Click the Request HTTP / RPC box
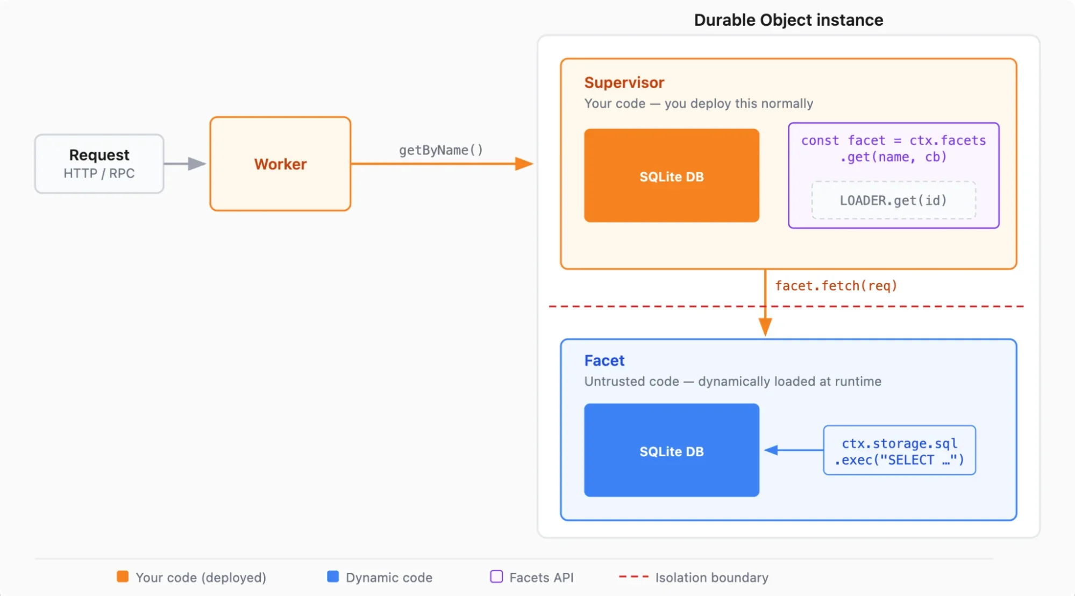click(x=99, y=164)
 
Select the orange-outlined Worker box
click(x=280, y=164)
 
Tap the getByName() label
click(x=440, y=150)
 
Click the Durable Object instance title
click(x=788, y=20)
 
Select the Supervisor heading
click(x=624, y=82)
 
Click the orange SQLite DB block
click(x=671, y=176)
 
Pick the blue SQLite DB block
click(x=671, y=451)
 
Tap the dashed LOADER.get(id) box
click(x=893, y=200)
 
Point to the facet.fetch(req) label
click(x=836, y=286)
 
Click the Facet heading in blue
click(x=604, y=360)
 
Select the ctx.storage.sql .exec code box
click(x=899, y=451)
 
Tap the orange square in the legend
click(x=123, y=577)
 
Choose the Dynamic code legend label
click(x=389, y=577)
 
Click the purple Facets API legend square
click(x=496, y=577)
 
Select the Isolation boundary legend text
click(x=711, y=577)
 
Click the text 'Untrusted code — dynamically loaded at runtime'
click(x=732, y=381)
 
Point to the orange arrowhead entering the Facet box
click(x=765, y=327)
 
